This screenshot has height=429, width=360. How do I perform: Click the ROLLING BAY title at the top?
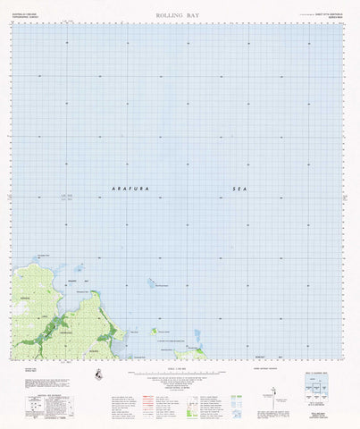click(178, 16)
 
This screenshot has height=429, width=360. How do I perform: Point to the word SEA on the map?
click(237, 189)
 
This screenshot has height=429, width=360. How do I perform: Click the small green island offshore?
click(154, 332)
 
